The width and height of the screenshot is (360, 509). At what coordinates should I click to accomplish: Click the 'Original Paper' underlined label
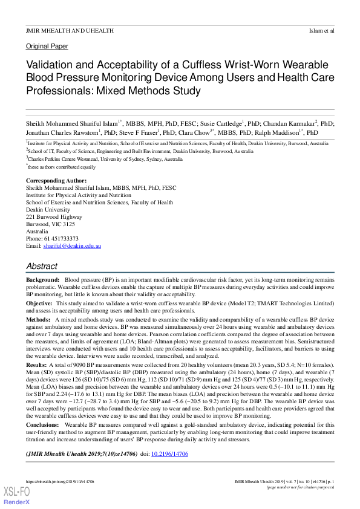coord(47,46)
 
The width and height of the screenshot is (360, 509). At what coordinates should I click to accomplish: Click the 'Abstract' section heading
coord(42,266)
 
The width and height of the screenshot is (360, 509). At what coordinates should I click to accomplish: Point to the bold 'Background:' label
coord(43,280)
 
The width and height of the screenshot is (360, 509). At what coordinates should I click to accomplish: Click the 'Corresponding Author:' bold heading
coord(56,181)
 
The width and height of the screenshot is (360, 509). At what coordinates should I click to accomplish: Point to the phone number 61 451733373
coord(61,239)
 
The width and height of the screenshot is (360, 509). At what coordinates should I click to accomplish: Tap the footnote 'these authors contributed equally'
coord(62,167)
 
